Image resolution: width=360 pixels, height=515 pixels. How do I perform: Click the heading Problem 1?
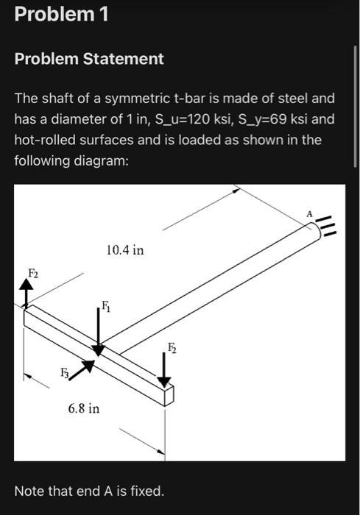pyautogui.click(x=61, y=14)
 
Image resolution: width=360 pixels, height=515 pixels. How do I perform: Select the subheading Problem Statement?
pyautogui.click(x=89, y=59)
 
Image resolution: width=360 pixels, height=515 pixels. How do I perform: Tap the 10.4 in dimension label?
pyautogui.click(x=125, y=250)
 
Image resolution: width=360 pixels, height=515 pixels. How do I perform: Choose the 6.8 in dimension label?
pyautogui.click(x=84, y=407)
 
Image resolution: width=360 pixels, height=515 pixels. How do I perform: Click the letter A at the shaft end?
pyautogui.click(x=309, y=213)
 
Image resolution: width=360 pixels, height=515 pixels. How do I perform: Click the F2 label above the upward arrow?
pyautogui.click(x=33, y=273)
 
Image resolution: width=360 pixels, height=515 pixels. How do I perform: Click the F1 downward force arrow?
pyautogui.click(x=99, y=330)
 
